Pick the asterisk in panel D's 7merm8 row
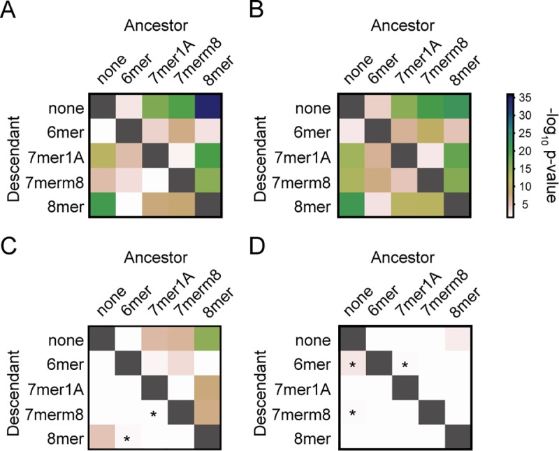click(x=353, y=415)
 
